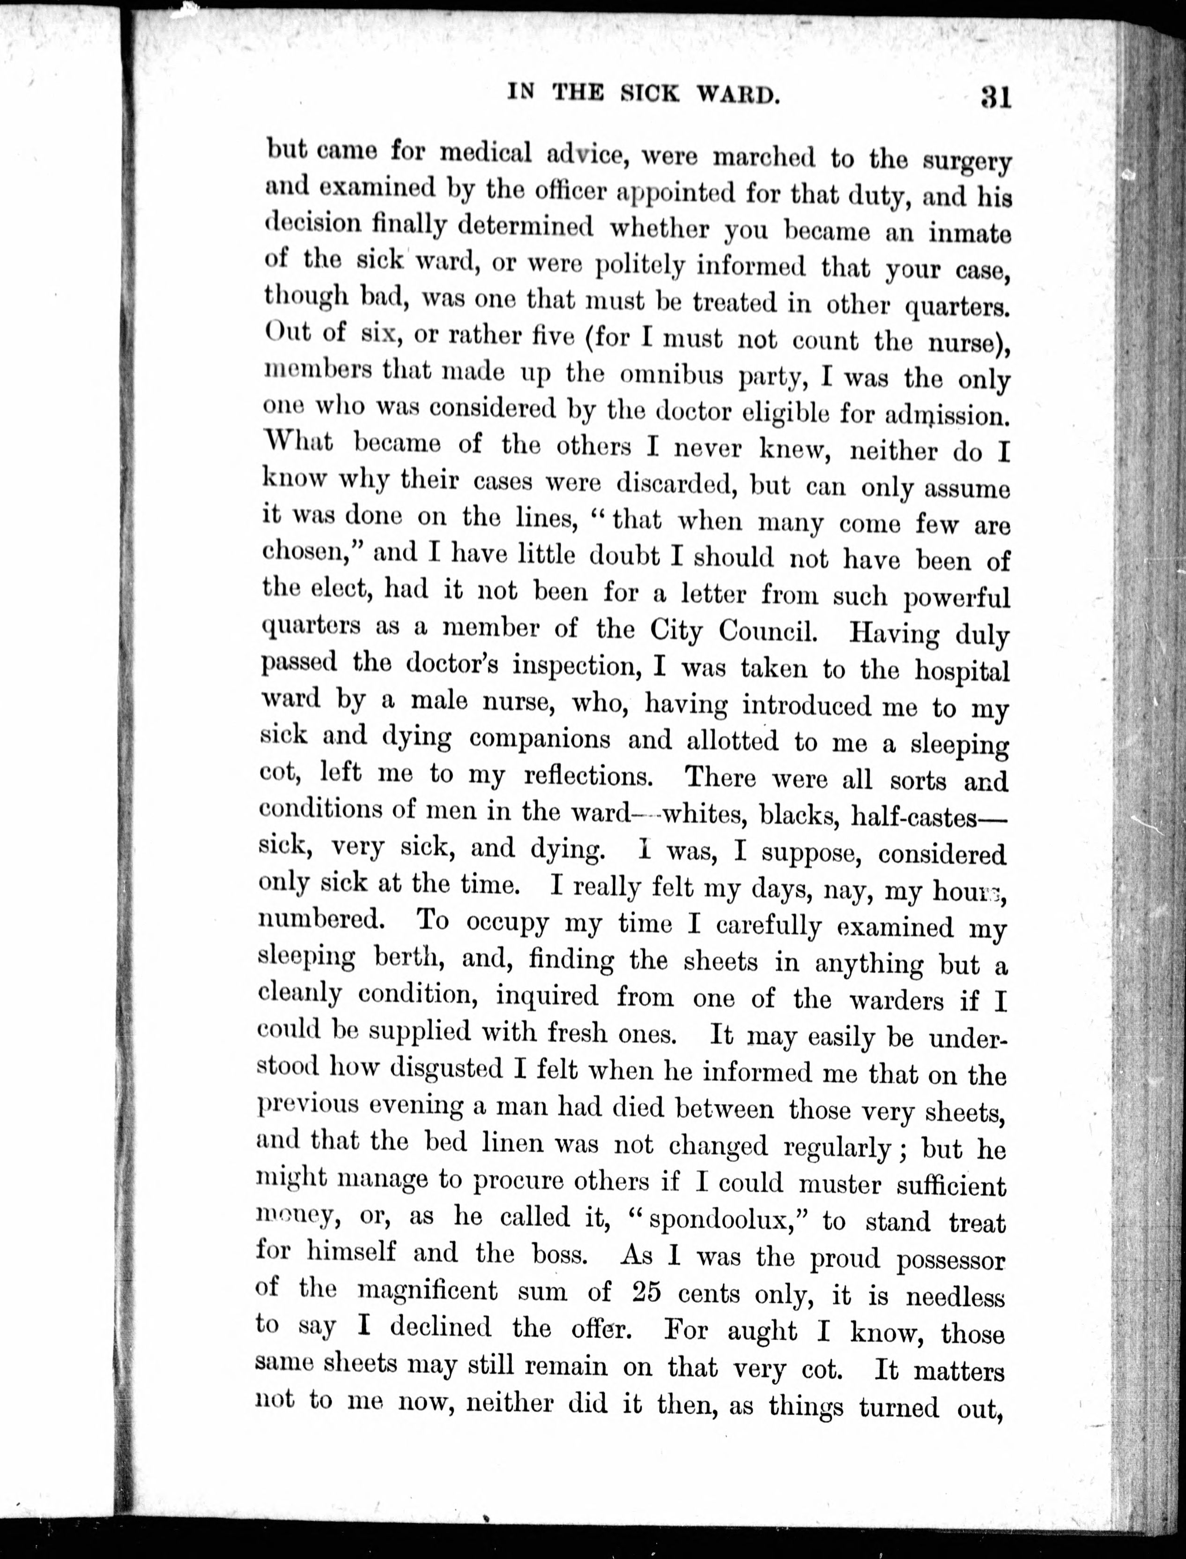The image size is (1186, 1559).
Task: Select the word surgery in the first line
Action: click(x=967, y=162)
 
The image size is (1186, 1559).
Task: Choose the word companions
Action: click(x=540, y=739)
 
